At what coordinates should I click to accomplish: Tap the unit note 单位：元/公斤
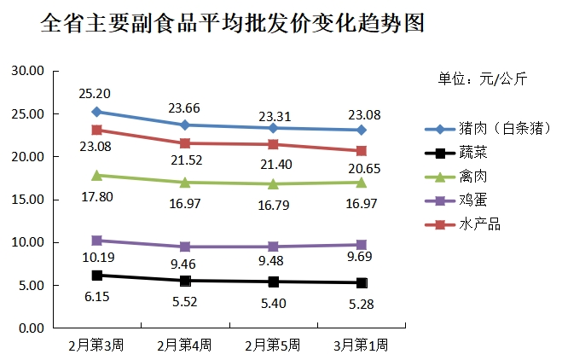pos(483,79)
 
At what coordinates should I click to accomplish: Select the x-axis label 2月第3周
pos(96,345)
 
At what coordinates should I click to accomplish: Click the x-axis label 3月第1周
pos(361,345)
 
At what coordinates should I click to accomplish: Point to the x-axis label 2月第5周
pos(273,345)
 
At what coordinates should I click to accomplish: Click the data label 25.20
pos(96,93)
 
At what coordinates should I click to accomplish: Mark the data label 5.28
pos(361,304)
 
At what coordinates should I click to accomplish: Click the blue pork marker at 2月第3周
pos(96,112)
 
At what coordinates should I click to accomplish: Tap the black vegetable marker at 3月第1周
pos(362,282)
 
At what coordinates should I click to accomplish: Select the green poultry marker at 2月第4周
pos(185,182)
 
